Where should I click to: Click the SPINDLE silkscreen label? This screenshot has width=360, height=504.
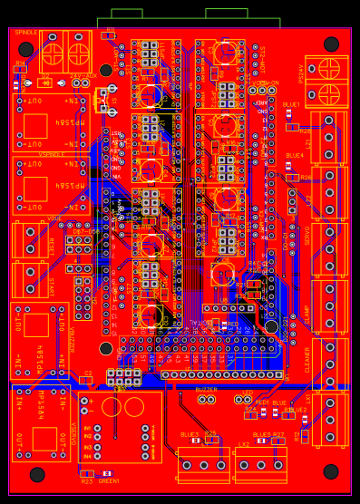tap(26, 33)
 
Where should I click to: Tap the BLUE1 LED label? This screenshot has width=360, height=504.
tap(291, 104)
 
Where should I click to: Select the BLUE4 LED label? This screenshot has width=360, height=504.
tap(295, 155)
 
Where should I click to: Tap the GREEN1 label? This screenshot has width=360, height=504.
tap(109, 480)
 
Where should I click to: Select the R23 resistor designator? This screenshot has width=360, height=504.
tap(87, 481)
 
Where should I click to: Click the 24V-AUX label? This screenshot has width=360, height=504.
tap(83, 76)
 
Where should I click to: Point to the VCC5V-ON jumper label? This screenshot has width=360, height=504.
tap(265, 83)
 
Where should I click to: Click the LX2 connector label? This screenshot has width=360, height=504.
tap(244, 444)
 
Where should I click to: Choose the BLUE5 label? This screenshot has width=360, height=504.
tap(262, 435)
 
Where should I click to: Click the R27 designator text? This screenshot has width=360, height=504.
tap(278, 435)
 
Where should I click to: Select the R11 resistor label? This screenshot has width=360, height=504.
tap(109, 29)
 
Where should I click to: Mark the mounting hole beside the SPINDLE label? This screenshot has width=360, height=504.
tap(26, 49)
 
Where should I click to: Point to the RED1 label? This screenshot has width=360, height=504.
tap(262, 402)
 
